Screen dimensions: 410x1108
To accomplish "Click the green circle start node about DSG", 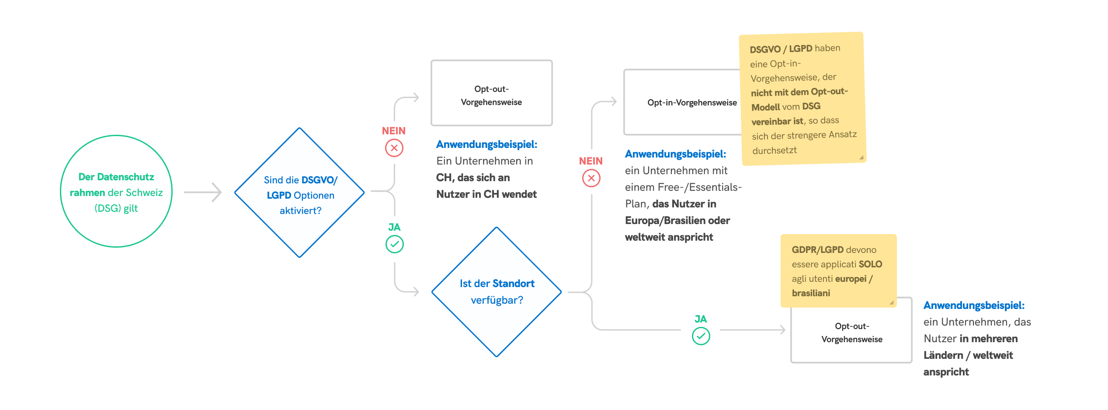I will pos(116,192).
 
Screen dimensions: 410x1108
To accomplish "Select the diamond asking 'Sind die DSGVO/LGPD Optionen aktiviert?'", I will pos(300,193).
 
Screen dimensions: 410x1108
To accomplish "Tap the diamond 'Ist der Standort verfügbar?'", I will pos(497,292).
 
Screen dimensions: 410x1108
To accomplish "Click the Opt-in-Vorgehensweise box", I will pos(682,103).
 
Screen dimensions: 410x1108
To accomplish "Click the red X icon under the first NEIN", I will pos(394,148).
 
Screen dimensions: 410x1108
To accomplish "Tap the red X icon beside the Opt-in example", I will pos(591,178).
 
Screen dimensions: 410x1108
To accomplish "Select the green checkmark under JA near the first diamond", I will pos(394,244).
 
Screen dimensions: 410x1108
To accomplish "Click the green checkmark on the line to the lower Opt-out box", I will pos(701,336).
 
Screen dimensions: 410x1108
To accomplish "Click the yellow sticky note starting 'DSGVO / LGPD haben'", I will pos(802,98).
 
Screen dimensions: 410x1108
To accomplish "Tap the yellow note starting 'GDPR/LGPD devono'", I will pos(838,271).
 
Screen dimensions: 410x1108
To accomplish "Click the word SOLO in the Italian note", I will pos(870,264).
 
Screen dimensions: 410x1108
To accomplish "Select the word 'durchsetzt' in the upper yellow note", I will pos(775,151).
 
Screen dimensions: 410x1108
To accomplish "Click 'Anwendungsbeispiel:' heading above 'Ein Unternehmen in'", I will pos(486,144).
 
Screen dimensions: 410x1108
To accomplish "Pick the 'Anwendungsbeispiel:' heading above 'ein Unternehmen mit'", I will pos(675,154).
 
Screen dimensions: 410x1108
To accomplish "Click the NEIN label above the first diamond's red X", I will pos(393,131).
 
